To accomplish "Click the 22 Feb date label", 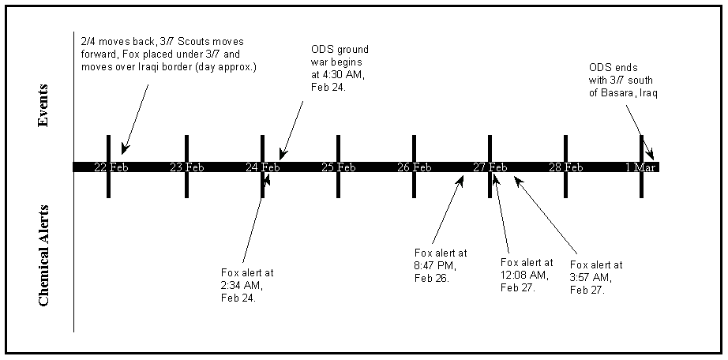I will tap(111, 167).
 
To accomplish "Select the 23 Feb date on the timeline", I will tap(187, 167).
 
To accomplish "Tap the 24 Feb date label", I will tap(263, 167).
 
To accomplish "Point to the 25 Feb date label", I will tap(339, 167).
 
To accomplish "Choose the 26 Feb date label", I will tap(415, 167).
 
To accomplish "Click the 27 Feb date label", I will tap(490, 167).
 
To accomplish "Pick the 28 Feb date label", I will tap(566, 167).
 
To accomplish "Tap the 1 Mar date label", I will tap(641, 167).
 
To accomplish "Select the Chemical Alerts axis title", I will tap(45, 255).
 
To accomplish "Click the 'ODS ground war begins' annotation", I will tap(340, 69).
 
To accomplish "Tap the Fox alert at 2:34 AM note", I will tap(248, 285).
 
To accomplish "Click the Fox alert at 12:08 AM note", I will tap(527, 275).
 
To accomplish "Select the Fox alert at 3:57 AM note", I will tap(595, 277).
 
